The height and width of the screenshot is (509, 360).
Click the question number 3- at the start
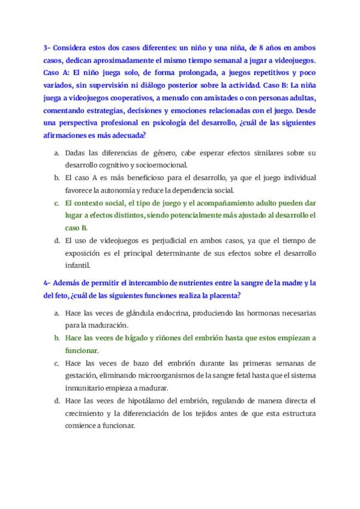pyautogui.click(x=49, y=47)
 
